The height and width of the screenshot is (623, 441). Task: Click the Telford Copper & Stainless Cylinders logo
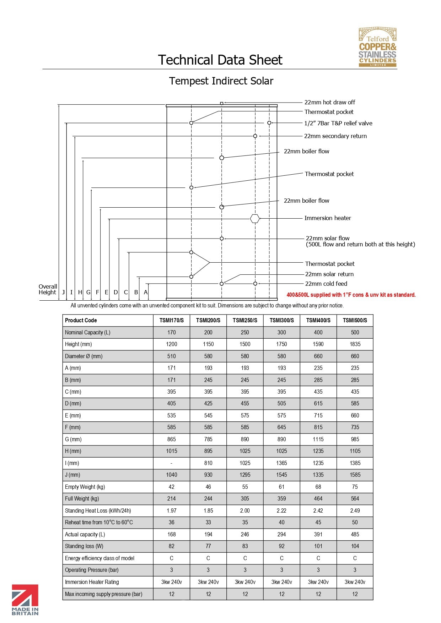[377, 47]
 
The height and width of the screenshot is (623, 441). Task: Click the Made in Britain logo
[25, 600]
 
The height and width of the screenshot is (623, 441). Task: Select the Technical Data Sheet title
[220, 60]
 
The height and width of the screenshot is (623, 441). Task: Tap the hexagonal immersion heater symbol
[255, 219]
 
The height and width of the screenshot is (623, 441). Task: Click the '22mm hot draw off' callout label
[329, 102]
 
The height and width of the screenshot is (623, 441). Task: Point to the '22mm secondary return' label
[335, 136]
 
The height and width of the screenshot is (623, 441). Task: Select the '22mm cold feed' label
[326, 284]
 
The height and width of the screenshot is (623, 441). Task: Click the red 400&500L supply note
[351, 295]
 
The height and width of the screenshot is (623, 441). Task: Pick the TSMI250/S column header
[245, 320]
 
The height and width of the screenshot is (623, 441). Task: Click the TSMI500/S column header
[355, 320]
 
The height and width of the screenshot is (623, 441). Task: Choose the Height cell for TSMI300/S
[281, 344]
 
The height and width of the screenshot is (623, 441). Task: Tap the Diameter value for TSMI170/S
[172, 356]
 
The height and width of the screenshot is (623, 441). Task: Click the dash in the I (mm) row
[172, 463]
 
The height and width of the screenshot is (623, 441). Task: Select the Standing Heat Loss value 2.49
[355, 511]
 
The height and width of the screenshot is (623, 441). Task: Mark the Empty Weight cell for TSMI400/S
[318, 487]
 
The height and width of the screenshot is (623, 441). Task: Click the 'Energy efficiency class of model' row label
[100, 558]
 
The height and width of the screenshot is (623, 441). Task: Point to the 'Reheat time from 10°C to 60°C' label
[99, 523]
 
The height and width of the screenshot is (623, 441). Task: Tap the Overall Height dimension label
[48, 289]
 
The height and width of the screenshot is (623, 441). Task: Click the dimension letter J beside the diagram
[63, 292]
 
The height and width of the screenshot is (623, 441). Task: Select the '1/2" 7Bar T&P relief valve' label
[338, 123]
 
